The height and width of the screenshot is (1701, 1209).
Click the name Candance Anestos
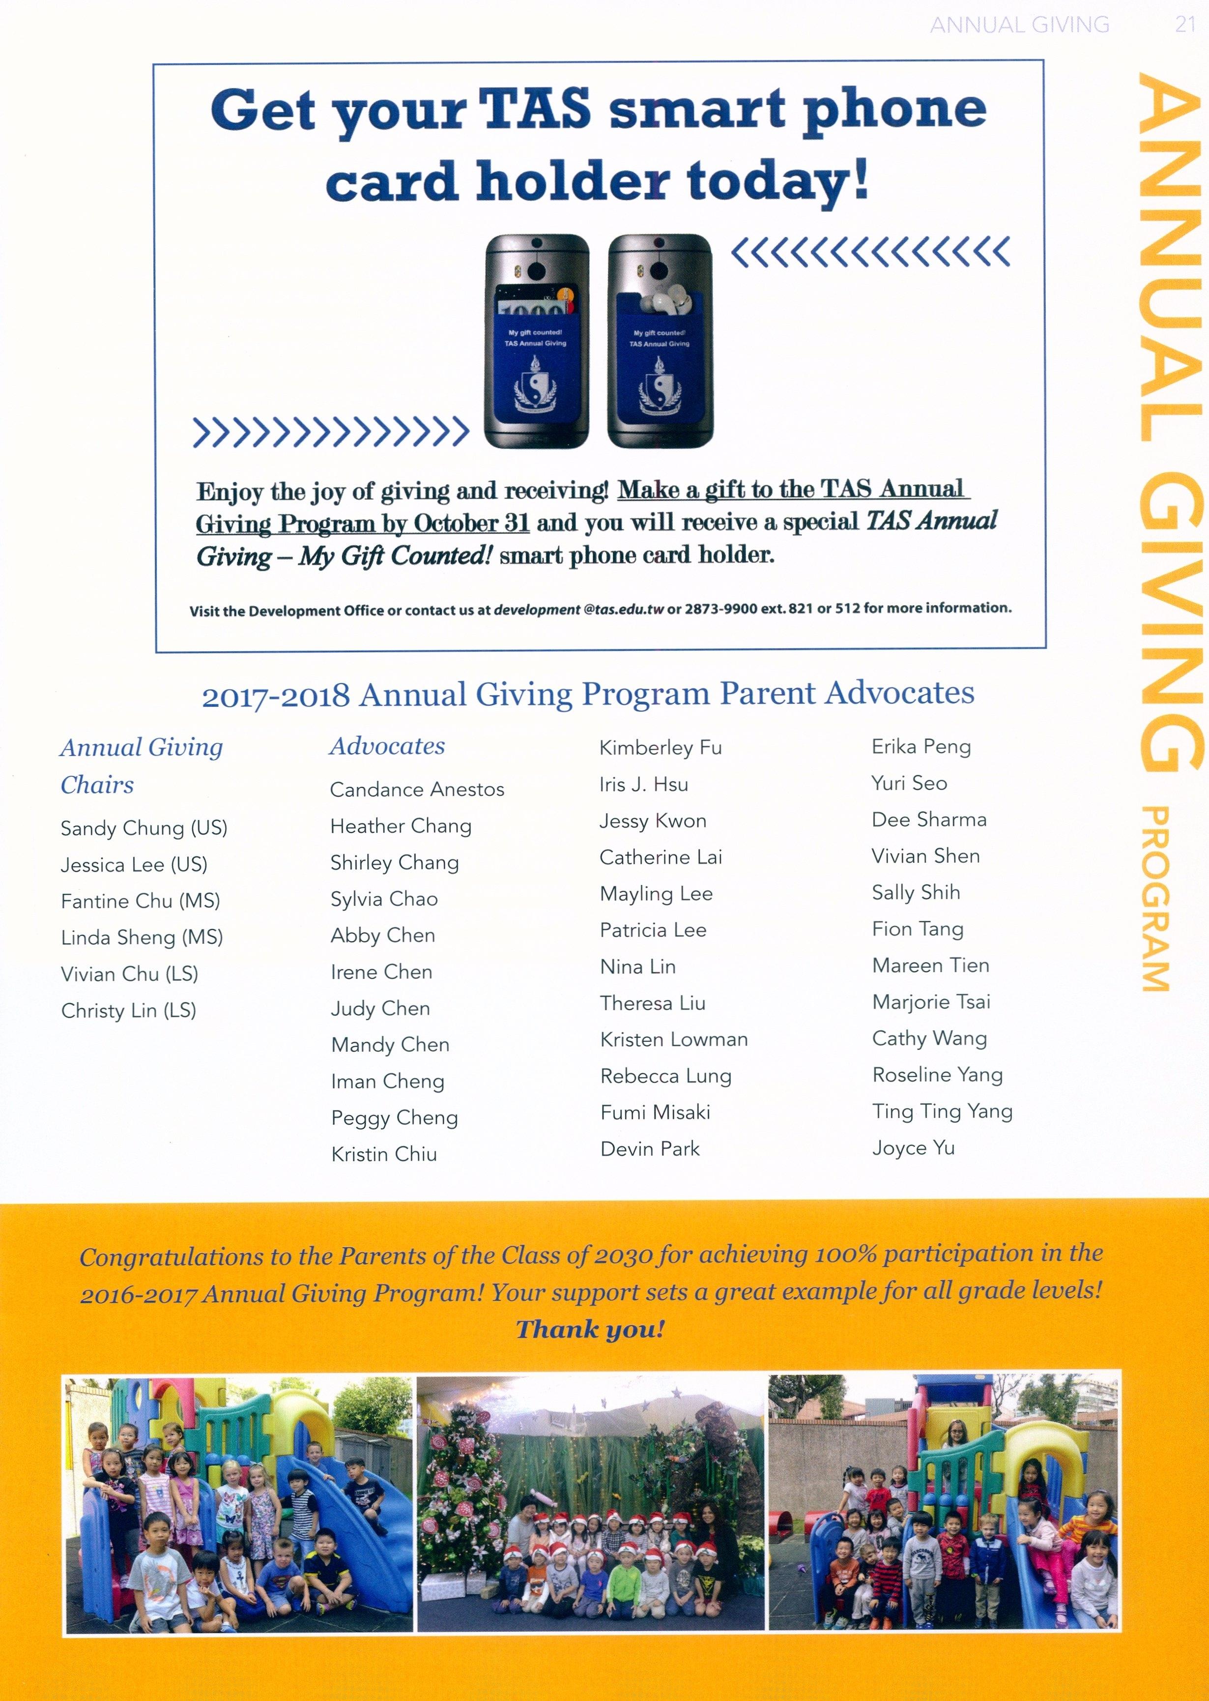[x=417, y=790]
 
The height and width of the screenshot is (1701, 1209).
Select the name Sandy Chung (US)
[x=144, y=828]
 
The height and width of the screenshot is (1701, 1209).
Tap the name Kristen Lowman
[x=674, y=1040]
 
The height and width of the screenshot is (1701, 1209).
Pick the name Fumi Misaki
[x=655, y=1113]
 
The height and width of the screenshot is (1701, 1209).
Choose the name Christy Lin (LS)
[x=129, y=1011]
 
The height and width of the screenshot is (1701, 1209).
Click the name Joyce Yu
[x=914, y=1148]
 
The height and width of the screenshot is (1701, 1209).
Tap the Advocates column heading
[x=387, y=746]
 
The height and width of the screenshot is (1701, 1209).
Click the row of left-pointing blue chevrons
[x=871, y=252]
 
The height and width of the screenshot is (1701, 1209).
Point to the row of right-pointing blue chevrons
[x=331, y=432]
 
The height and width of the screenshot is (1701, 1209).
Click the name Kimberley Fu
[x=661, y=748]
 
